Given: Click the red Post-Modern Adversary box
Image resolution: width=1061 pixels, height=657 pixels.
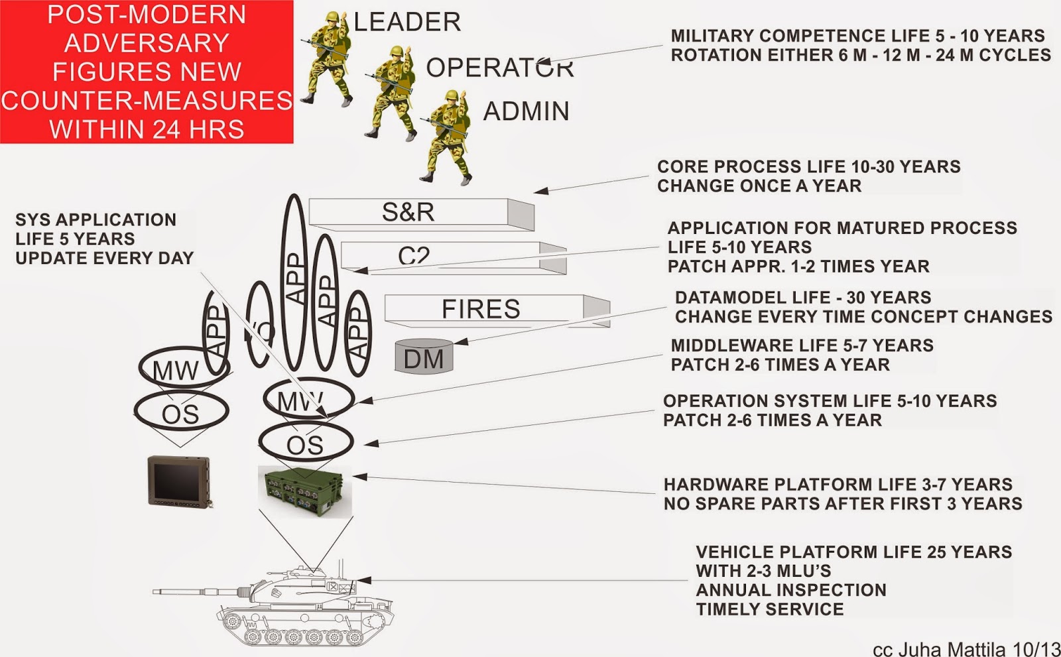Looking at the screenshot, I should click(x=147, y=72).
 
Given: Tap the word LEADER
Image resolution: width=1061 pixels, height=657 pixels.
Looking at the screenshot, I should click(x=407, y=22).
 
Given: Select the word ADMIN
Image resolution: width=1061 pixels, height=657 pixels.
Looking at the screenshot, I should click(x=526, y=111).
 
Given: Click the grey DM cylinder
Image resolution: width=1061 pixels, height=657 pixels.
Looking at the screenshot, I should click(x=424, y=357).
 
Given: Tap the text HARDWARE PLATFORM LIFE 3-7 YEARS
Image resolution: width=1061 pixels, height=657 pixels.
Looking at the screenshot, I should click(x=838, y=485).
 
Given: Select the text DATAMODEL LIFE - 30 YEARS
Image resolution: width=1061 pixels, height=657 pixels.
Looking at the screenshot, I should click(x=802, y=298).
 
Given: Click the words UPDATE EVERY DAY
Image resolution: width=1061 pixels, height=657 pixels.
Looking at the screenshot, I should click(x=104, y=258).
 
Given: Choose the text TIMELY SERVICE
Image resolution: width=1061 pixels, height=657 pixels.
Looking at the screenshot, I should click(x=769, y=609).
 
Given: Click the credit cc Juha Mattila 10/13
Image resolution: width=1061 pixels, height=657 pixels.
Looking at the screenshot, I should click(x=965, y=649).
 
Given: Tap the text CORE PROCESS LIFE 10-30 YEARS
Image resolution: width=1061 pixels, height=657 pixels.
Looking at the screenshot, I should click(x=808, y=166).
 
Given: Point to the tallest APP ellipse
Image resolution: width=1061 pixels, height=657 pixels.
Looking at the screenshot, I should click(x=294, y=282).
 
